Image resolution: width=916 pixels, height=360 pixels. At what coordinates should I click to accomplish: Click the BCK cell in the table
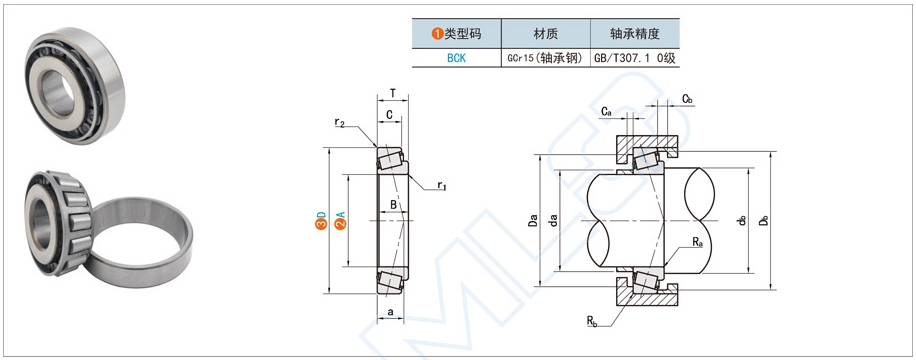(x=456, y=58)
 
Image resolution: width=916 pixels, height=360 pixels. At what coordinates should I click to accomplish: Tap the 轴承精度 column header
(x=635, y=34)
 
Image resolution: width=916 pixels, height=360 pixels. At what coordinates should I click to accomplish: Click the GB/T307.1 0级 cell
(x=635, y=58)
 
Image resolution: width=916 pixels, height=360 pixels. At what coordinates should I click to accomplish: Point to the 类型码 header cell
(x=456, y=34)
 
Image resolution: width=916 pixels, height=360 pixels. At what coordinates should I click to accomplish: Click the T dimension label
(x=393, y=94)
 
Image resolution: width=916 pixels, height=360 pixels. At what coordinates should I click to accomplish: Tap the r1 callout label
(x=441, y=186)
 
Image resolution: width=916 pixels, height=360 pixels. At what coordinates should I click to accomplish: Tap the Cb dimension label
(x=687, y=98)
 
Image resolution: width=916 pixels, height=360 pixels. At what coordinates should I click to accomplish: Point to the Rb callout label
(x=592, y=321)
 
